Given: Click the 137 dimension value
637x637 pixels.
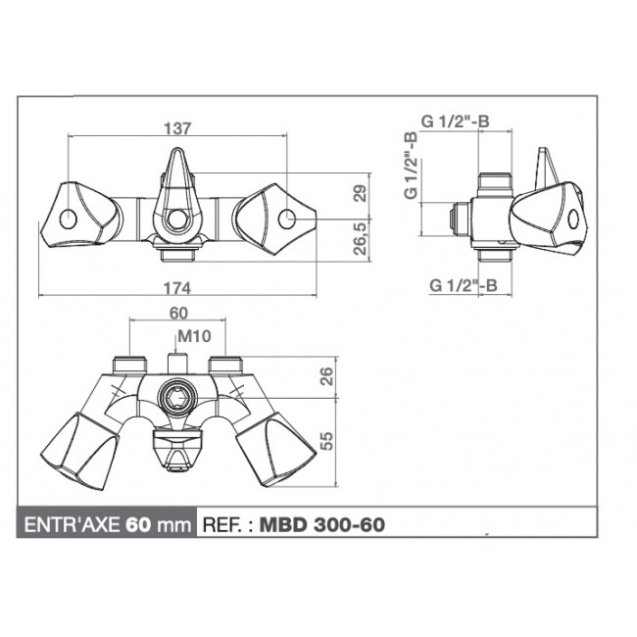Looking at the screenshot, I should click(177, 127).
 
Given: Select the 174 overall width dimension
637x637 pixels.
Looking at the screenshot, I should click(177, 288).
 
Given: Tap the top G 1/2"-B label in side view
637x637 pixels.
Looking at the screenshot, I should click(456, 121).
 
